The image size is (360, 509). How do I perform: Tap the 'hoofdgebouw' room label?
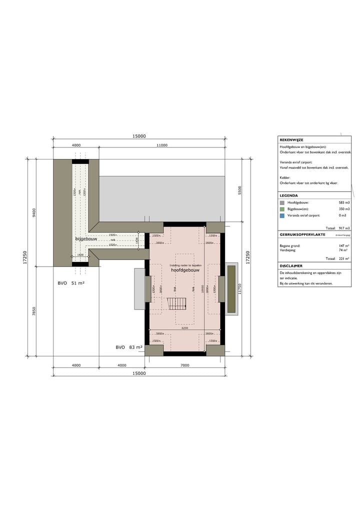click(x=185, y=269)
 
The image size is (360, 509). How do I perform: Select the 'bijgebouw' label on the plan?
click(x=86, y=239)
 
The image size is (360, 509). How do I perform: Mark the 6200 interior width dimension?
click(x=184, y=328)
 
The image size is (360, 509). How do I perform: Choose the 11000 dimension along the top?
click(x=161, y=145)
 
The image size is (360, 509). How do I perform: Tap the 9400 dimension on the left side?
click(x=34, y=212)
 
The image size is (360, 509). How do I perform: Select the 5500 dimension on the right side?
click(x=239, y=190)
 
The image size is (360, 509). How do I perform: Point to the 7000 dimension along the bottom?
click(x=184, y=365)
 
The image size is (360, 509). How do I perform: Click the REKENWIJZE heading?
click(x=291, y=140)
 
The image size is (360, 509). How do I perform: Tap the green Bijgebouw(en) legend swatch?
click(x=282, y=209)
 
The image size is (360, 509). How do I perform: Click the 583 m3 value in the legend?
click(x=344, y=202)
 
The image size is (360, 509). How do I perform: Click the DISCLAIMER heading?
click(x=290, y=266)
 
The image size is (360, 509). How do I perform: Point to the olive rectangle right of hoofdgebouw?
click(x=231, y=289)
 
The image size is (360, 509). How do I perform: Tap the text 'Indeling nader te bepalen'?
click(x=185, y=265)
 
